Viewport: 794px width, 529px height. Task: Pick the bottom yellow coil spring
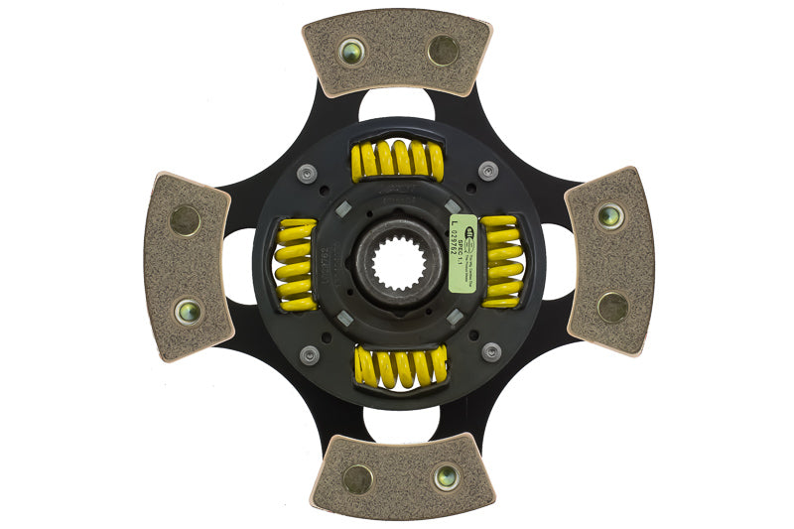click(400, 366)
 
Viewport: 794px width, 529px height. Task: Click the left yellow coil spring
click(296, 264)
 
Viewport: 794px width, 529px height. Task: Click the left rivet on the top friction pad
click(351, 52)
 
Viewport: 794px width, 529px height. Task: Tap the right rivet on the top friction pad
click(443, 50)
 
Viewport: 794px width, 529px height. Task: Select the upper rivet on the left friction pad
click(185, 220)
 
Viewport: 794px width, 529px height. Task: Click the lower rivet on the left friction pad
click(188, 311)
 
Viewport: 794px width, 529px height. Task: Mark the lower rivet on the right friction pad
click(611, 308)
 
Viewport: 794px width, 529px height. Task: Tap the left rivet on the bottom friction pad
click(356, 479)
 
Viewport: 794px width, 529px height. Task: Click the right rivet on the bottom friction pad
click(447, 476)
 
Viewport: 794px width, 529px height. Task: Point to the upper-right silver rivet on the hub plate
click(487, 170)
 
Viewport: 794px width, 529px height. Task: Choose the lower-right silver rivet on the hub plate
click(490, 351)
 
